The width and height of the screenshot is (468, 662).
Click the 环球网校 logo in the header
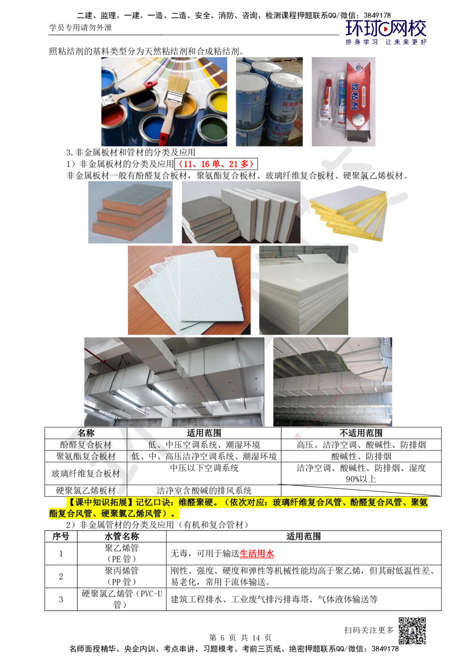386,32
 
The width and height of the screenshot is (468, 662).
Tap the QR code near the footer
412,631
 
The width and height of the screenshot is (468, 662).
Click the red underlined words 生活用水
256,553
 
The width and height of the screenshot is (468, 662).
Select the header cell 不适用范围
361,433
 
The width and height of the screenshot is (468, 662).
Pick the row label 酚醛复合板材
86,444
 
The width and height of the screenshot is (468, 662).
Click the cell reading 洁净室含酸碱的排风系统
204,491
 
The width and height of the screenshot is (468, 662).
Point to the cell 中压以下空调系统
204,468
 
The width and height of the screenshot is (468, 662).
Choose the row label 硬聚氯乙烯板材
86,491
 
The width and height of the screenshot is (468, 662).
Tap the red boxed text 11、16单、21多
216,164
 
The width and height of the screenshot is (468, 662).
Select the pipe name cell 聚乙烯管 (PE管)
121,553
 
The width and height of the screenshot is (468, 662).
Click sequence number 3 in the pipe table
61,599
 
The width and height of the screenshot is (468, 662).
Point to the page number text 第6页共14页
240,638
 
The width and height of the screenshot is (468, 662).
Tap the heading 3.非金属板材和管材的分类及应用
131,153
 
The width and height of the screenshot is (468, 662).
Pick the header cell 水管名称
121,537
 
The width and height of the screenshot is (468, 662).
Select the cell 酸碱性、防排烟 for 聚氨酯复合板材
361,456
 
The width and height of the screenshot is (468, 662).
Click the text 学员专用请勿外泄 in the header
80,28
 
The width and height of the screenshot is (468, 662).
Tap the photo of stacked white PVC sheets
303,290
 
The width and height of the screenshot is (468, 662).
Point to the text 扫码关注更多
369,630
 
